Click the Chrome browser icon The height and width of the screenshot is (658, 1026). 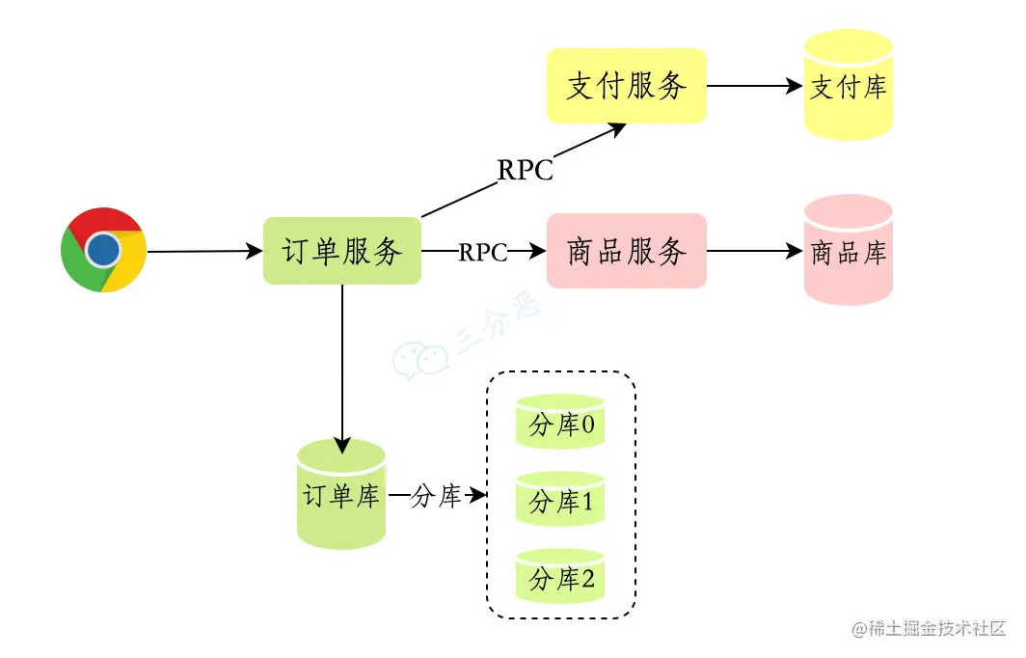[x=103, y=250]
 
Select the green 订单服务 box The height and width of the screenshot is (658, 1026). [x=342, y=251]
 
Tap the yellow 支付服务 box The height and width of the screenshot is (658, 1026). [x=626, y=86]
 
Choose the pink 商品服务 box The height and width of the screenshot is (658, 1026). [x=626, y=251]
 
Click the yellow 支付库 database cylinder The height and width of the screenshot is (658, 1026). [x=849, y=86]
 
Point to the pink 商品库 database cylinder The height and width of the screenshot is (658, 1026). [x=849, y=252]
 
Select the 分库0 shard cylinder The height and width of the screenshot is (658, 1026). [x=560, y=422]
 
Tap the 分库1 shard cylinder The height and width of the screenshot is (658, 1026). [x=560, y=500]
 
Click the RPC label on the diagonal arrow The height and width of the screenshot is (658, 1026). [x=526, y=170]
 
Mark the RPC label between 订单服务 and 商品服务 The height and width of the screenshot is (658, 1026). [x=483, y=252]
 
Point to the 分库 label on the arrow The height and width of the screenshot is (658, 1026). [x=436, y=497]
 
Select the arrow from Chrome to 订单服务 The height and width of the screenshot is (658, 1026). [x=204, y=251]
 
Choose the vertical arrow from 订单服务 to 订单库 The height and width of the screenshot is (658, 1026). [x=342, y=367]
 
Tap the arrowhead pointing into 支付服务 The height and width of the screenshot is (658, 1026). [x=618, y=129]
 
